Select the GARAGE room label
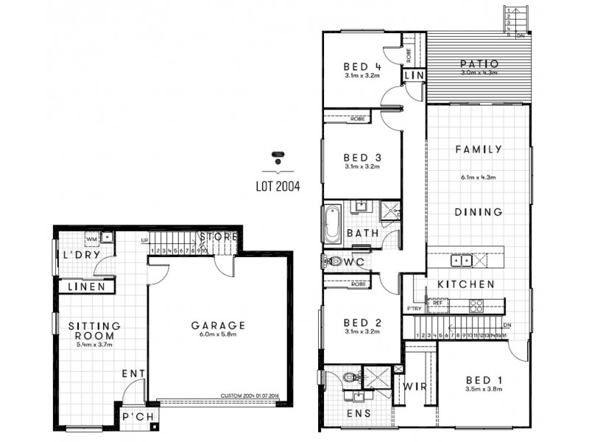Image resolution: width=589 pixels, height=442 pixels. (x=218, y=325)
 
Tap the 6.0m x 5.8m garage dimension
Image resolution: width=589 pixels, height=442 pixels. (x=218, y=335)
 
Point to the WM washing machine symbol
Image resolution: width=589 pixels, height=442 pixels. (x=92, y=239)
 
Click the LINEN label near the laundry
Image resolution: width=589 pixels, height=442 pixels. (x=86, y=287)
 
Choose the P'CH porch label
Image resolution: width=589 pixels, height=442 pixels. (x=138, y=418)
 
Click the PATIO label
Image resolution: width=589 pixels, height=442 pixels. (x=481, y=63)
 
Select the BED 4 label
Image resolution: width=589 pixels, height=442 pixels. (x=361, y=64)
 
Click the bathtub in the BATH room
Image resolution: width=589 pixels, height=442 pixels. (x=329, y=223)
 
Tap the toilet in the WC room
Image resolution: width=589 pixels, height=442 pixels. (x=333, y=262)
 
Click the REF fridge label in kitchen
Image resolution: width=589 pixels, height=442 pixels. (x=437, y=302)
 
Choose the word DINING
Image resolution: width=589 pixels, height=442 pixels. (x=478, y=212)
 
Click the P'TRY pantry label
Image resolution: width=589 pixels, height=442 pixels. (x=414, y=308)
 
